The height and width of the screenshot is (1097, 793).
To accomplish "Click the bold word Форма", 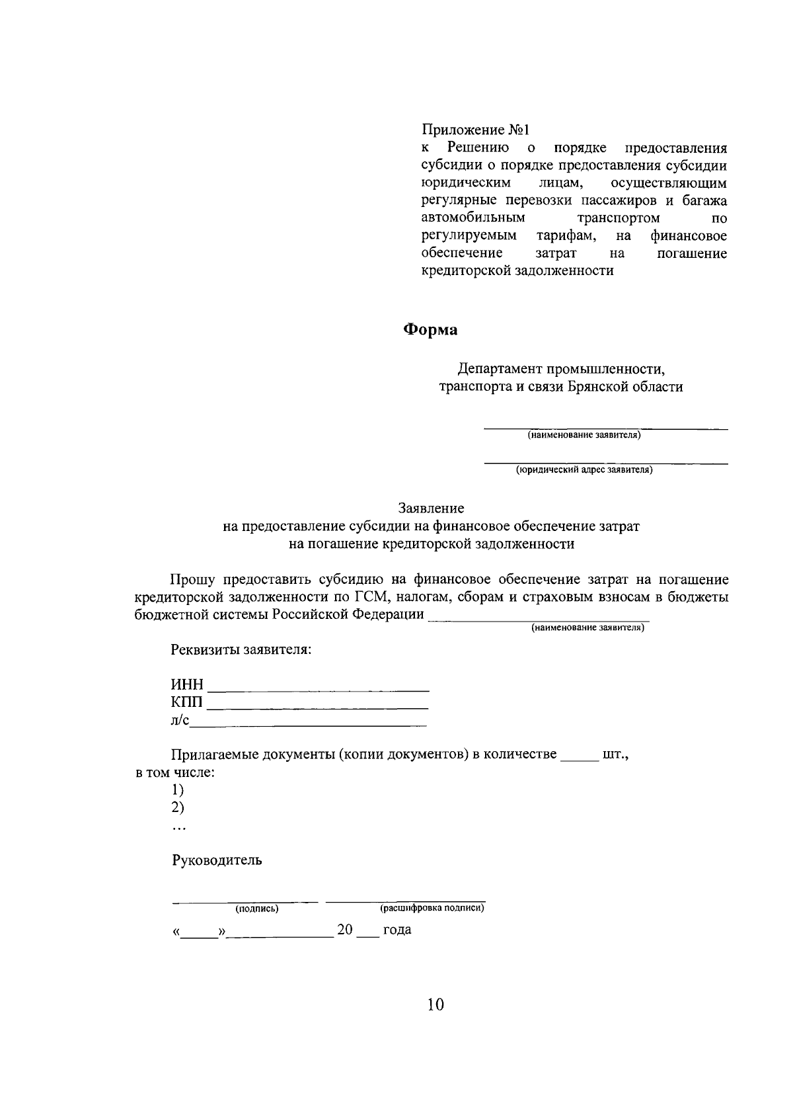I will pyautogui.click(x=430, y=330).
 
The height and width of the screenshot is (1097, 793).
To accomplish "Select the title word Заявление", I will pyautogui.click(x=431, y=508).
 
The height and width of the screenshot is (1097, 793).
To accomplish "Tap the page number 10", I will pyautogui.click(x=435, y=1005).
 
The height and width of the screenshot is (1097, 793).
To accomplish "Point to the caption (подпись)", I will pyautogui.click(x=257, y=909).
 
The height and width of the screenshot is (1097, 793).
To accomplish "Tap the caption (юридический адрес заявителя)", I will pyautogui.click(x=584, y=470).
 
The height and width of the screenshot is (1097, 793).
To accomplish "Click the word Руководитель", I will pyautogui.click(x=217, y=860).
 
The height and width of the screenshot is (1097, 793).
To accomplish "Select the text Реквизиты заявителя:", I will pyautogui.click(x=241, y=649).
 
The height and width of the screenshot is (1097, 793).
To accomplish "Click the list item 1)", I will pyautogui.click(x=178, y=790).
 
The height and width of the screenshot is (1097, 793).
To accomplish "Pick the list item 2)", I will pyautogui.click(x=178, y=807).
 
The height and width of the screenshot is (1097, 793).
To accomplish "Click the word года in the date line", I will pyautogui.click(x=397, y=930).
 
